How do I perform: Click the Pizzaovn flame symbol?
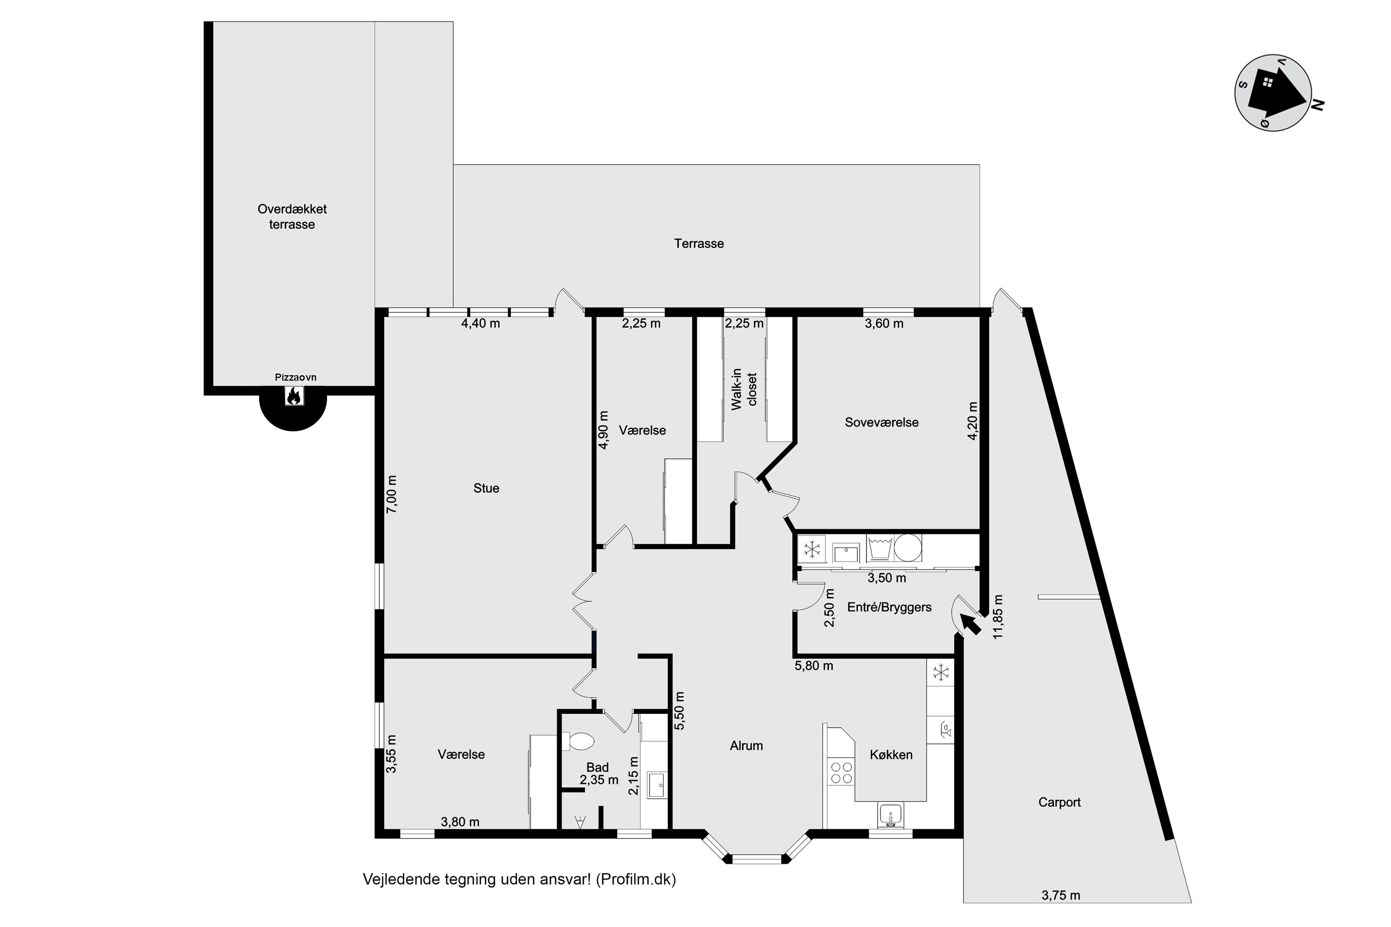(x=294, y=395)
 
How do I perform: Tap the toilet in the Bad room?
(x=578, y=741)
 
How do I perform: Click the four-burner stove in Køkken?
(x=842, y=772)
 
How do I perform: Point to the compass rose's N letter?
(x=1317, y=105)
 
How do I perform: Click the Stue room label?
(x=486, y=489)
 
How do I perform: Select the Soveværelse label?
(x=882, y=422)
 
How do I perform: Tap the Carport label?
(x=1059, y=802)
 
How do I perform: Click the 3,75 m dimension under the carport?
(x=1061, y=895)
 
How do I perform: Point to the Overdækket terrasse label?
(x=292, y=216)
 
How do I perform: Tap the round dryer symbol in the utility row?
(x=908, y=548)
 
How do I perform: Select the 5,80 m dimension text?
(x=814, y=666)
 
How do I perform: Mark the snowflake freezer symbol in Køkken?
(x=940, y=672)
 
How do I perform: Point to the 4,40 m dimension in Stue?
(x=480, y=324)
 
